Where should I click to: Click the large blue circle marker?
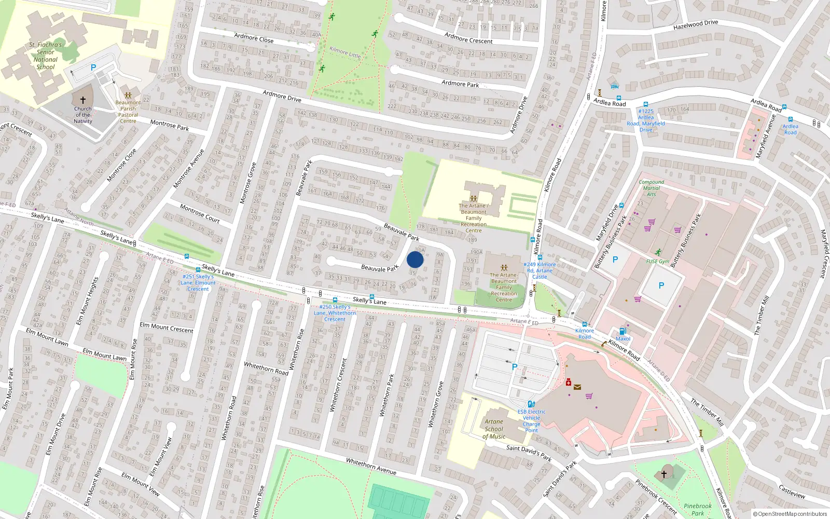(x=415, y=259)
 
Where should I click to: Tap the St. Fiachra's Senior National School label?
(x=46, y=56)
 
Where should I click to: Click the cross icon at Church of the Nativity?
(x=83, y=100)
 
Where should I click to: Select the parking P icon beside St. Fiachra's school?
(x=93, y=67)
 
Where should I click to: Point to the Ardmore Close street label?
(x=254, y=38)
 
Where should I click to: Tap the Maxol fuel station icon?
(x=623, y=331)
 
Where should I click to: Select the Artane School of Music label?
(x=494, y=429)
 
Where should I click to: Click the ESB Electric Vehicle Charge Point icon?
(x=531, y=404)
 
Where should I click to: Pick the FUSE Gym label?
(x=658, y=262)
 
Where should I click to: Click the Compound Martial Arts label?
(x=651, y=188)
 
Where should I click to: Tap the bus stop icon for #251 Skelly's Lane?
(x=198, y=270)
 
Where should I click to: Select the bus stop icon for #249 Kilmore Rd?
(x=540, y=257)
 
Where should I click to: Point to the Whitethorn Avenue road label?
(x=371, y=466)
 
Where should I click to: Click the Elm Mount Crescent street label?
(x=166, y=328)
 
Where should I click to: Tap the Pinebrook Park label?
(x=698, y=509)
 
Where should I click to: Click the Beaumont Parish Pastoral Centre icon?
(x=128, y=95)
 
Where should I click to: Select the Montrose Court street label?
(x=200, y=213)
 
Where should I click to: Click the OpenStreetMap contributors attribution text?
(x=790, y=514)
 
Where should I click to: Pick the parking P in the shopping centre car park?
(x=515, y=367)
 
